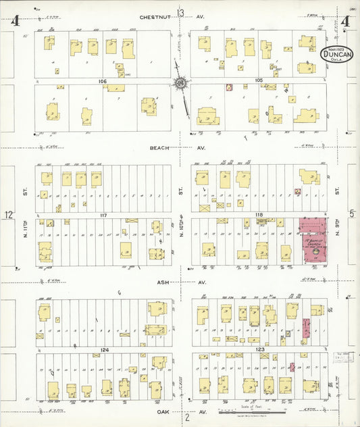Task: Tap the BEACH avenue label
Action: tap(159, 147)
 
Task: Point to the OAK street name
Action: tap(160, 411)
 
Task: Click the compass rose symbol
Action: tap(180, 83)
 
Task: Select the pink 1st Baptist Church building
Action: tap(313, 240)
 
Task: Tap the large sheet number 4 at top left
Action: tap(14, 20)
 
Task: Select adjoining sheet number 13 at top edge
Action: tap(180, 11)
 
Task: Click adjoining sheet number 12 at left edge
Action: tap(8, 215)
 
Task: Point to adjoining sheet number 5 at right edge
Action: tap(351, 214)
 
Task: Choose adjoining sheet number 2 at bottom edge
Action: tap(187, 417)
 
